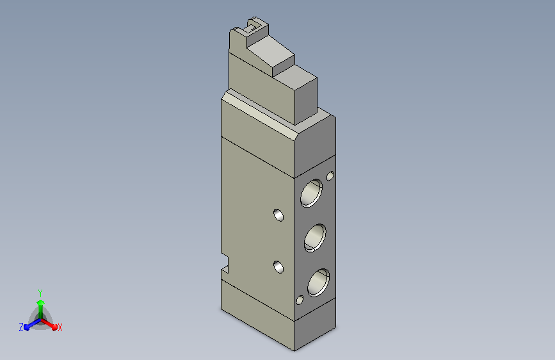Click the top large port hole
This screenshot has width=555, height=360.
tap(312, 193)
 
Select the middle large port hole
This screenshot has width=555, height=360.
tap(315, 238)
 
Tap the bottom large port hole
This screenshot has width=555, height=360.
tap(319, 282)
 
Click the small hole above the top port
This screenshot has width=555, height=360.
tap(330, 176)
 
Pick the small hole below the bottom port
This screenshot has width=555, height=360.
tap(300, 300)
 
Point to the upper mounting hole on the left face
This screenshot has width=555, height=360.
tap(278, 215)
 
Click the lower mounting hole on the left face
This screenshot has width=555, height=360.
tap(278, 267)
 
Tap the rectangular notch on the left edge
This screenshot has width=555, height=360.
tap(225, 263)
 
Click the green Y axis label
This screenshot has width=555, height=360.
tap(40, 293)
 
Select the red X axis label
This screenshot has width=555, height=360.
tap(60, 328)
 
